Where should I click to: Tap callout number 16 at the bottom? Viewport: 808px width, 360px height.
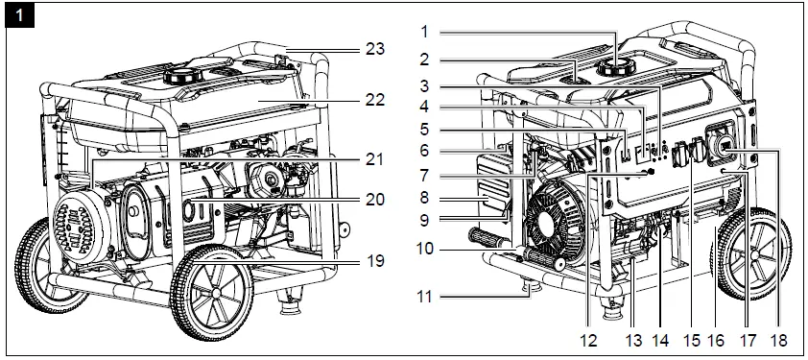pos(717,341)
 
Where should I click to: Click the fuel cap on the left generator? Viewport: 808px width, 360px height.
pos(179,74)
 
